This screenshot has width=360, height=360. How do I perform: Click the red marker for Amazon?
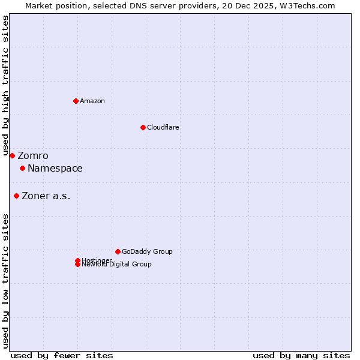coord(76,101)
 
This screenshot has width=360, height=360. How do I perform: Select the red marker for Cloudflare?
coord(143,127)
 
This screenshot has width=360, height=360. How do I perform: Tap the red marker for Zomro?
coord(12,155)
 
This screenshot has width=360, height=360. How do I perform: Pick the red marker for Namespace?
coord(22,168)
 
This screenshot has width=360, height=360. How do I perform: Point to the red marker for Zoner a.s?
coord(16,196)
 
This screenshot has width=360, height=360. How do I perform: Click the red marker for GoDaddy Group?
coord(118,251)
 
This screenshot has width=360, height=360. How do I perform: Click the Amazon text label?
coord(92,101)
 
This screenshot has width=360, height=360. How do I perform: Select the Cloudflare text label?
coord(163,127)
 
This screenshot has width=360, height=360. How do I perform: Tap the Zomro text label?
coord(33,156)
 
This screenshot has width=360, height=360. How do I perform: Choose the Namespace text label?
coord(55,169)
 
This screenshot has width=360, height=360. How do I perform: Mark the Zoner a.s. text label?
coord(46,196)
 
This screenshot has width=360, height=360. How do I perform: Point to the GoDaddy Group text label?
coord(147,252)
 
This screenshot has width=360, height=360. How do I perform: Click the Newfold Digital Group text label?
coord(117,265)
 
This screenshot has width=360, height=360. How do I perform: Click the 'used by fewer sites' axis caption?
coord(62,355)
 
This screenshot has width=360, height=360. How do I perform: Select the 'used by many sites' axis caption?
coord(301,355)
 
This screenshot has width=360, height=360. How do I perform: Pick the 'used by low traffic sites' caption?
coord(6,280)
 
